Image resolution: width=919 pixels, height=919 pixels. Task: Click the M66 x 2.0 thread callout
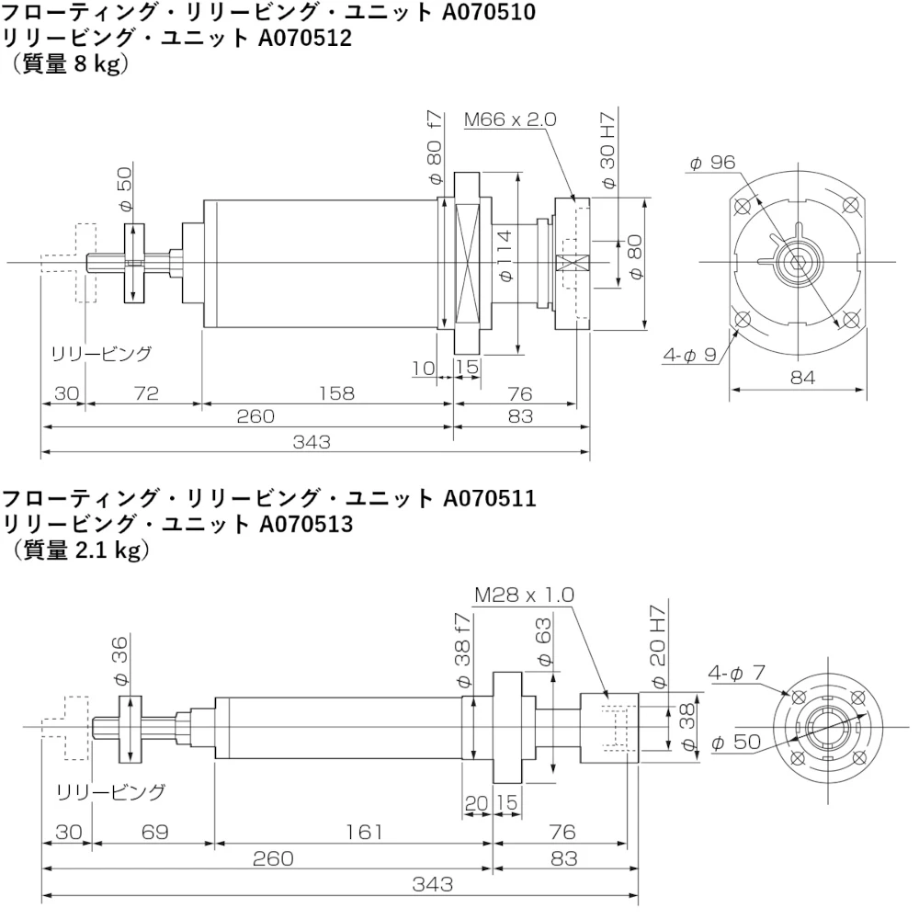coord(510,119)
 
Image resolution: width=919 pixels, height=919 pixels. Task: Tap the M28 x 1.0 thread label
coord(524,595)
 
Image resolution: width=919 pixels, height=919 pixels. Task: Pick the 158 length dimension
coord(337,392)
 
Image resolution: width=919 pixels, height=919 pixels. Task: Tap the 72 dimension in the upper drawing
coord(146,392)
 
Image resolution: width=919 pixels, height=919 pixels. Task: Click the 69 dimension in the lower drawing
coord(155,832)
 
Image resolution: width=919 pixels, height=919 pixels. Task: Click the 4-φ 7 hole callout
coord(736,674)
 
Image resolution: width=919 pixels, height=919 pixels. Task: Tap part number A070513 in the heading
coord(307,524)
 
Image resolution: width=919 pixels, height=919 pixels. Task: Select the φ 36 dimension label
coord(120,663)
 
